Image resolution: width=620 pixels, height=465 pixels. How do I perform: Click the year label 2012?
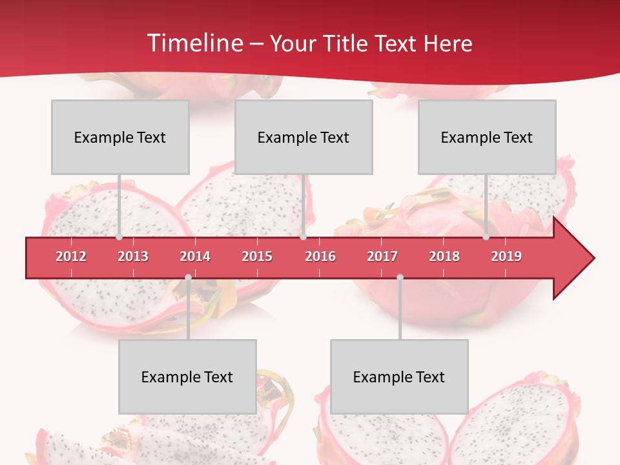pyautogui.click(x=71, y=256)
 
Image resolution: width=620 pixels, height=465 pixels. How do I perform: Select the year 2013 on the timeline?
pyautogui.click(x=133, y=256)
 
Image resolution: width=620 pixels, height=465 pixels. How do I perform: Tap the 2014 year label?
pyautogui.click(x=195, y=256)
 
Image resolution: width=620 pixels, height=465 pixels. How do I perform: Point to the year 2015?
pyautogui.click(x=257, y=256)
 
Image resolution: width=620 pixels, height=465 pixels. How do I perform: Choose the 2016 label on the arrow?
pyautogui.click(x=320, y=256)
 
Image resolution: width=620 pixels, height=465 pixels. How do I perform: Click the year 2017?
pyautogui.click(x=382, y=256)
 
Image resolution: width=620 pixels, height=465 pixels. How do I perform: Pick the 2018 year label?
pyautogui.click(x=444, y=256)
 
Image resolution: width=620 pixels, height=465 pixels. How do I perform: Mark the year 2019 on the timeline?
pyautogui.click(x=506, y=256)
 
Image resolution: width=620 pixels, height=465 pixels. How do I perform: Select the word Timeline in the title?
pyautogui.click(x=194, y=43)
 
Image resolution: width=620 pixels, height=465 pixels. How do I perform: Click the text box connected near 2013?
pyautogui.click(x=120, y=137)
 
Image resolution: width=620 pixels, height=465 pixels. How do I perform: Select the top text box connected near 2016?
pyautogui.click(x=304, y=137)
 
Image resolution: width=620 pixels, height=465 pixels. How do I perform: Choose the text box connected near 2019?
pyautogui.click(x=487, y=137)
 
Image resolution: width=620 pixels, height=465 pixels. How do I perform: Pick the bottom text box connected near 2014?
pyautogui.click(x=187, y=377)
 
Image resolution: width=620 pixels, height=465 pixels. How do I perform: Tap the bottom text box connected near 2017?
pyautogui.click(x=399, y=377)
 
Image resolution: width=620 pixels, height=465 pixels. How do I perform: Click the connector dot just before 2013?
pyautogui.click(x=119, y=237)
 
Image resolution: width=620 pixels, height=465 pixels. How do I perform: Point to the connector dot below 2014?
pyautogui.click(x=188, y=278)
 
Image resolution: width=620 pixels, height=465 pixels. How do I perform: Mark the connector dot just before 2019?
pyautogui.click(x=486, y=237)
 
